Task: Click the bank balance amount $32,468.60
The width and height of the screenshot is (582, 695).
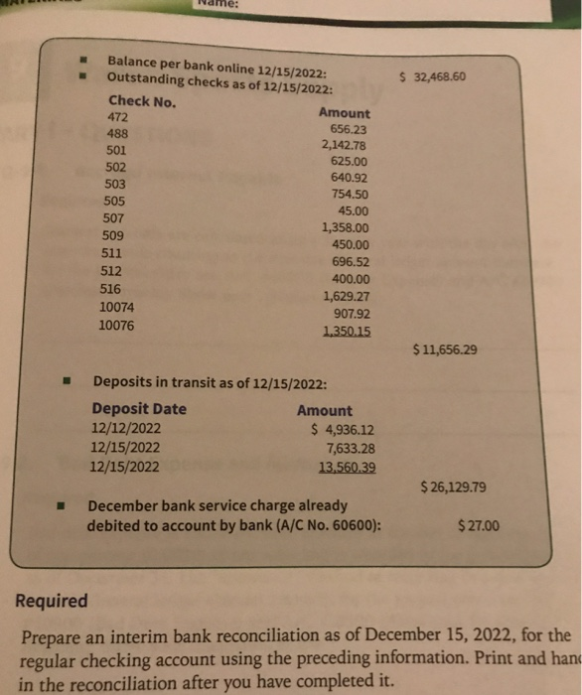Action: pos(432,77)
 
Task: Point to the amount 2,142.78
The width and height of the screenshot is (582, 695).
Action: pos(345,145)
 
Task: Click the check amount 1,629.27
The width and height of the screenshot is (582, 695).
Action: pos(347,295)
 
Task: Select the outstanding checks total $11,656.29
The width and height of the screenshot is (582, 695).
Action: pos(443,349)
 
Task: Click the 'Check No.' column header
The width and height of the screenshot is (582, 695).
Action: pos(142,100)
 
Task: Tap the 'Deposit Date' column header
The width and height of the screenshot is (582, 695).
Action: pos(138,409)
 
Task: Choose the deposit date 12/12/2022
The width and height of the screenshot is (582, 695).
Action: pos(125,429)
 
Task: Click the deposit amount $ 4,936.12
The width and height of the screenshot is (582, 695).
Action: pos(343,430)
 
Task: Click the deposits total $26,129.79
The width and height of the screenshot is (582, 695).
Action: pos(453,487)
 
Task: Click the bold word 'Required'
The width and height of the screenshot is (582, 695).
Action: pos(52,601)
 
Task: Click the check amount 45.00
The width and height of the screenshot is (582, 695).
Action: pos(353,209)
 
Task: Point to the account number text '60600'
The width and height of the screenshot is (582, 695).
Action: pos(353,525)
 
